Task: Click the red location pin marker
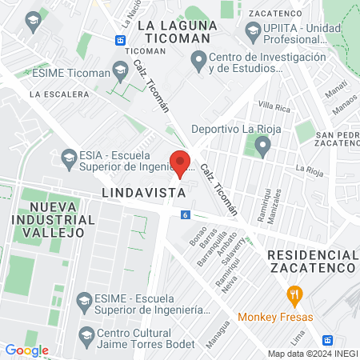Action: point(181,162)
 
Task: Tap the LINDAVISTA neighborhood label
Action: point(143,194)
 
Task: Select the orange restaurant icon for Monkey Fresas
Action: point(295,294)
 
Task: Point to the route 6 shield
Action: point(185,214)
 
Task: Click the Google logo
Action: point(26,350)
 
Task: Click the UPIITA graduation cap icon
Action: point(251,30)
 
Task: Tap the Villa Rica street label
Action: point(274,106)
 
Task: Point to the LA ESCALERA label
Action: point(58,94)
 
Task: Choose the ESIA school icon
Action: point(68,156)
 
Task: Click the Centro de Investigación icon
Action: point(198,60)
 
